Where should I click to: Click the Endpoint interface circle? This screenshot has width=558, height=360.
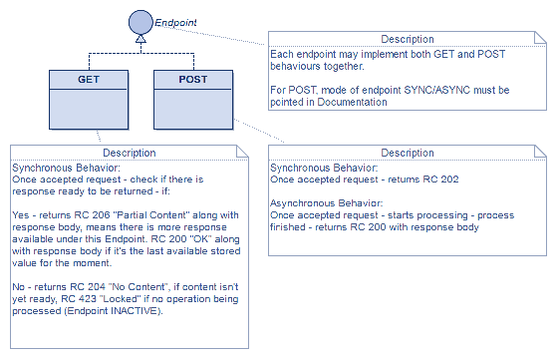tap(140, 19)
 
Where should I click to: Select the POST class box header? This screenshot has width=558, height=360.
tap(192, 78)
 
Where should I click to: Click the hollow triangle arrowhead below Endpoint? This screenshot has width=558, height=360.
tap(140, 39)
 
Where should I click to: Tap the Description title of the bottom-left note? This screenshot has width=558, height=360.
tap(129, 153)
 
